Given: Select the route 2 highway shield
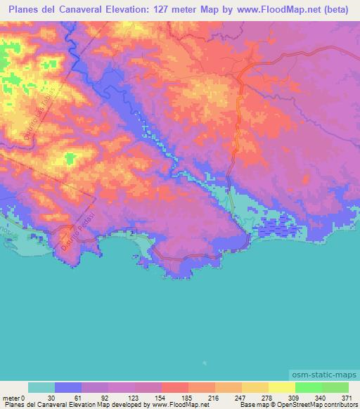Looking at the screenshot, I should coord(130,232).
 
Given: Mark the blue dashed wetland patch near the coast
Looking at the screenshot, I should coord(280,228).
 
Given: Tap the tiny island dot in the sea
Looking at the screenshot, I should coord(203,363).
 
